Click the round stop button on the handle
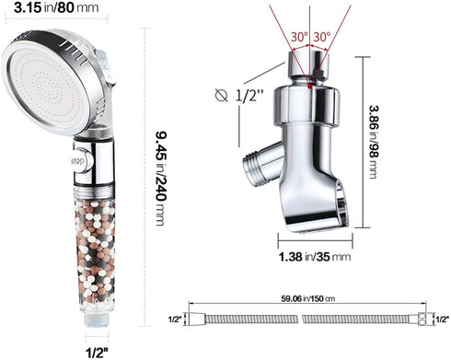coord(79,160)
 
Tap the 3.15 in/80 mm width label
coord(56,8)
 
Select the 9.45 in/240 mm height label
coord(161,179)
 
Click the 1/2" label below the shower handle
coord(98,353)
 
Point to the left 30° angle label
coord(299,37)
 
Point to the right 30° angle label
coord(322,37)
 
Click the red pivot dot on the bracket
coord(310,87)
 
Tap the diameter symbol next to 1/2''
coord(221,96)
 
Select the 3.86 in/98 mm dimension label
coord(374,142)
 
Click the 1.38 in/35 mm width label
coord(315,257)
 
